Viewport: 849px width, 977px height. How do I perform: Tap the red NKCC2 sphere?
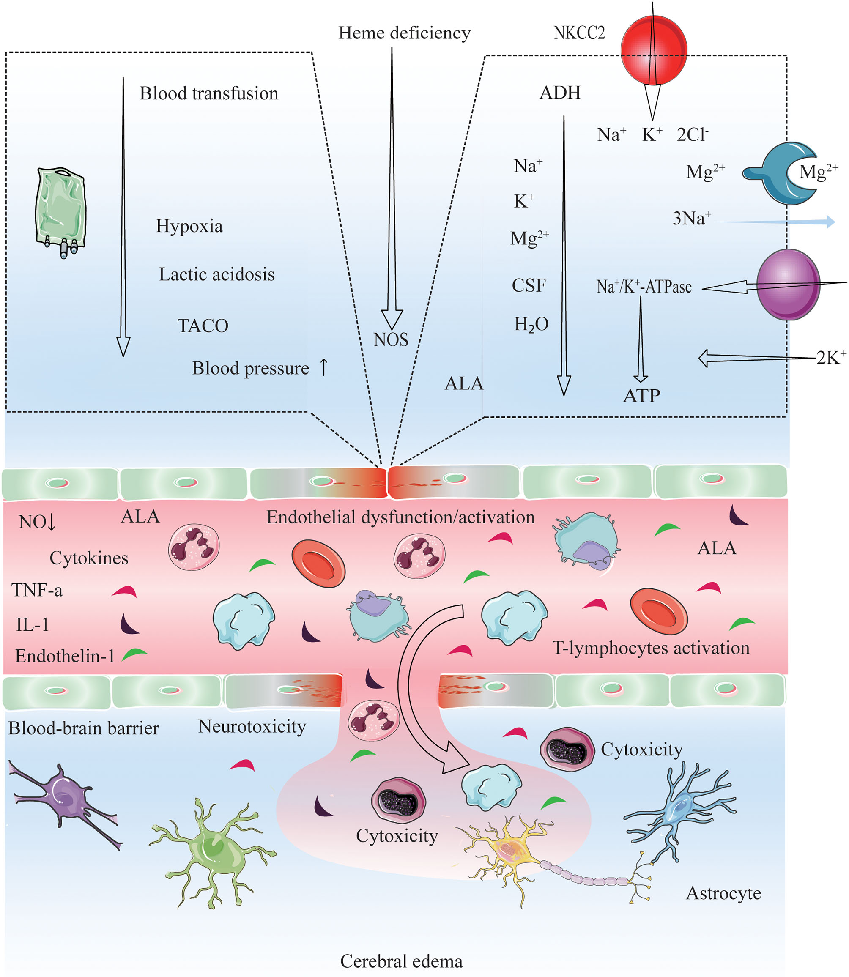pos(653,50)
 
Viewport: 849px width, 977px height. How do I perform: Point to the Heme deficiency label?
pos(404,33)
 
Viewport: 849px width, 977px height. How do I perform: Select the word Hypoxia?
pos(189,226)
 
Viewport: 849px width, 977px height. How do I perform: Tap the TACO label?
pos(203,326)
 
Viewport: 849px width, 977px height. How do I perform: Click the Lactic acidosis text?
pos(216,274)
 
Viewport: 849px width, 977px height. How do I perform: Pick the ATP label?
pos(641,396)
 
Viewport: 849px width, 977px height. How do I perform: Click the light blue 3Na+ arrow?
pos(777,221)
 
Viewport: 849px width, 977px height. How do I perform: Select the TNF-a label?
pos(37,590)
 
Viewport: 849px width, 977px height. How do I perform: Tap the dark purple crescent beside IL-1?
pos(129,624)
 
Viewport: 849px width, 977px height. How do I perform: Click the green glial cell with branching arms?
pos(213,851)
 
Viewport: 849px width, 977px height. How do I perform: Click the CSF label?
pos(528,285)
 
